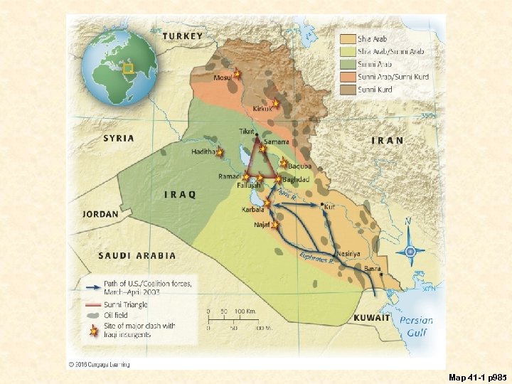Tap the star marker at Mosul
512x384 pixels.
tap(237, 74)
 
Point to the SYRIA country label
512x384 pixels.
tap(118, 138)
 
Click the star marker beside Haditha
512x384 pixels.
tap(220, 152)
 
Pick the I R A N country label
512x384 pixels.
tap(388, 140)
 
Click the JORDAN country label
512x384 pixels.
tap(100, 213)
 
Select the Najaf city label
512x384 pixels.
tap(261, 225)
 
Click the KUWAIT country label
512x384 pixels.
tap(372, 318)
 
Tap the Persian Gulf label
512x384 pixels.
tap(416, 326)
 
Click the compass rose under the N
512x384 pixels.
tap(410, 251)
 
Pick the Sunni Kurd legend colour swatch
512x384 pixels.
tap(347, 90)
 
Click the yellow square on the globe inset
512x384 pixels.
tap(128, 68)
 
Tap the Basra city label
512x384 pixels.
tap(372, 269)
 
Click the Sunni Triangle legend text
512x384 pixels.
tap(125, 304)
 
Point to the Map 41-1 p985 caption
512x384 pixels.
tap(476, 375)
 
